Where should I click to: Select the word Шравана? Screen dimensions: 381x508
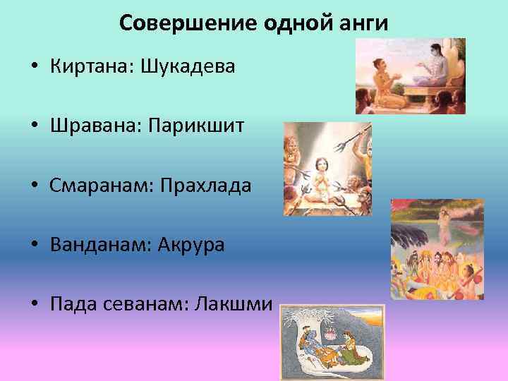[x=96, y=127]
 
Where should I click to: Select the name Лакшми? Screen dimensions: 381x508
[x=229, y=304]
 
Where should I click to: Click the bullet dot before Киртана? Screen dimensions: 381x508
[x=34, y=68]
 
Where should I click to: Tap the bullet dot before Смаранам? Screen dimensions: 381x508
[x=34, y=187]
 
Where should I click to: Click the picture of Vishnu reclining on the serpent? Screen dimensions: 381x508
[x=332, y=341]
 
